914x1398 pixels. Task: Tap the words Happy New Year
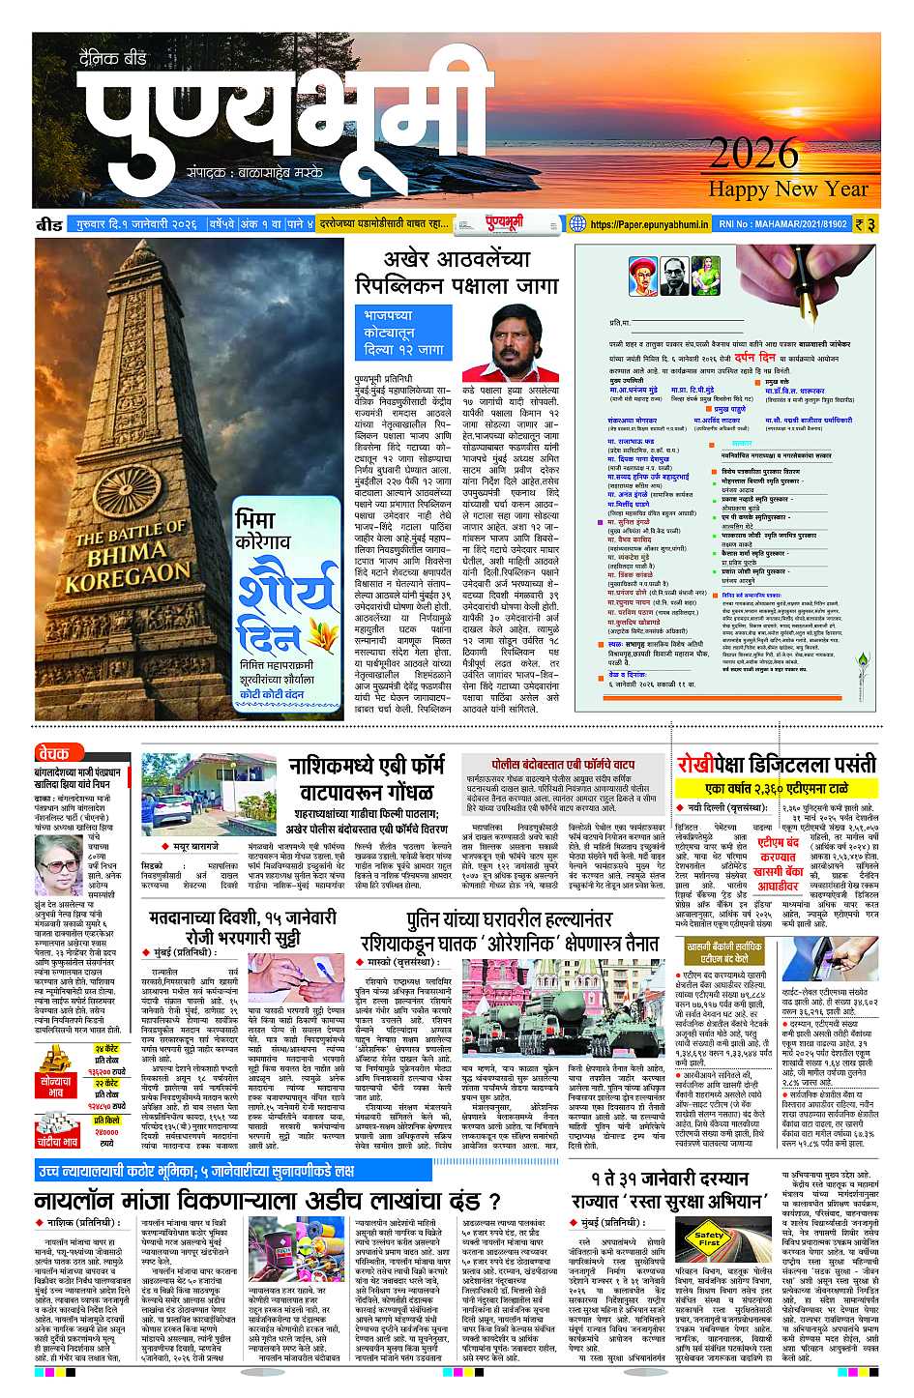(789, 189)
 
